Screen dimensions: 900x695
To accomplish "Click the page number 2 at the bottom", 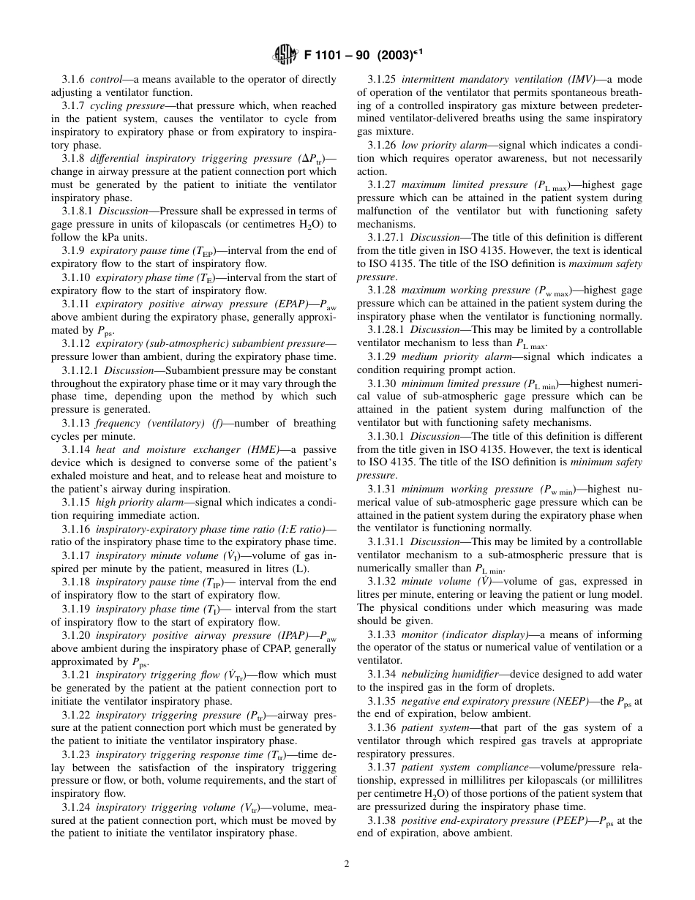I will point(347,863).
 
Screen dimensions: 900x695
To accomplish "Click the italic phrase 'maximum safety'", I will point(606,263).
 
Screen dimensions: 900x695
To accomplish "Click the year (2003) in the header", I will point(388,55).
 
